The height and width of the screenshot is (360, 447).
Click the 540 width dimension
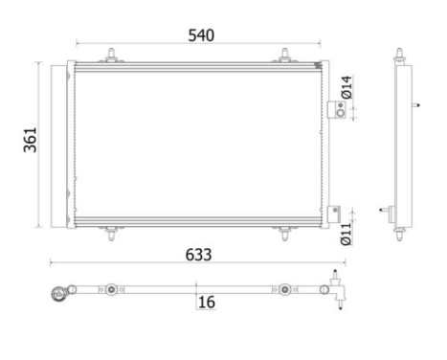(x=200, y=35)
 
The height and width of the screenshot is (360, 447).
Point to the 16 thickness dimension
(x=206, y=302)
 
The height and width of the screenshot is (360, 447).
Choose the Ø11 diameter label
(x=347, y=233)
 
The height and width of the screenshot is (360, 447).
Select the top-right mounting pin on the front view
(x=285, y=56)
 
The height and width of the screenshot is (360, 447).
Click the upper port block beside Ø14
(x=335, y=110)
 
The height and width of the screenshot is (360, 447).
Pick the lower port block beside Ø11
(x=335, y=214)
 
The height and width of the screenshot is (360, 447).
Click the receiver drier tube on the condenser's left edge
(x=68, y=144)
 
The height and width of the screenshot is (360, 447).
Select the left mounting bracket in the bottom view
(x=113, y=289)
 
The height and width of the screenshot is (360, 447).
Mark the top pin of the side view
(x=399, y=55)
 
